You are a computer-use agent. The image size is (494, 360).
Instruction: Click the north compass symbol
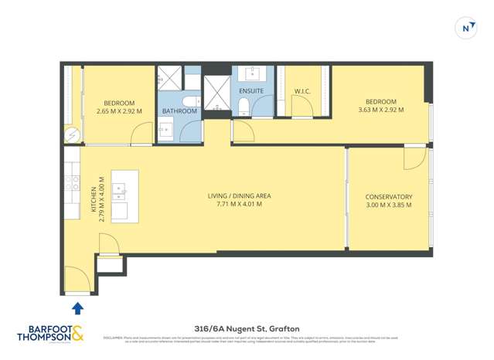coord(466,28)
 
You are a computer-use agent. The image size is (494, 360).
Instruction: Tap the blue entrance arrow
coord(77,309)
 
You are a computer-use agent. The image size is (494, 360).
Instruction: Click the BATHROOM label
coord(179,111)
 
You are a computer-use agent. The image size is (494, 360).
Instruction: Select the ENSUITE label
coord(251,91)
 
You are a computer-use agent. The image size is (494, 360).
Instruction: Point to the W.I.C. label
coord(302,91)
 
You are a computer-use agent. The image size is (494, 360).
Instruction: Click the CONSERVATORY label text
coord(389,196)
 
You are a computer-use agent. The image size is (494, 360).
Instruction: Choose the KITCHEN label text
coord(94,199)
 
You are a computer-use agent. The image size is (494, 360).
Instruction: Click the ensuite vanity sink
coord(253,74)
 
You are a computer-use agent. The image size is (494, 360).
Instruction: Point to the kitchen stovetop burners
coord(72,183)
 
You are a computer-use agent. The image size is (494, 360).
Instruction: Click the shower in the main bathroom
coord(169,78)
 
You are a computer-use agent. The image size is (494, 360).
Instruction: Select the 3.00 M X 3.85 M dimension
coord(389,205)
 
